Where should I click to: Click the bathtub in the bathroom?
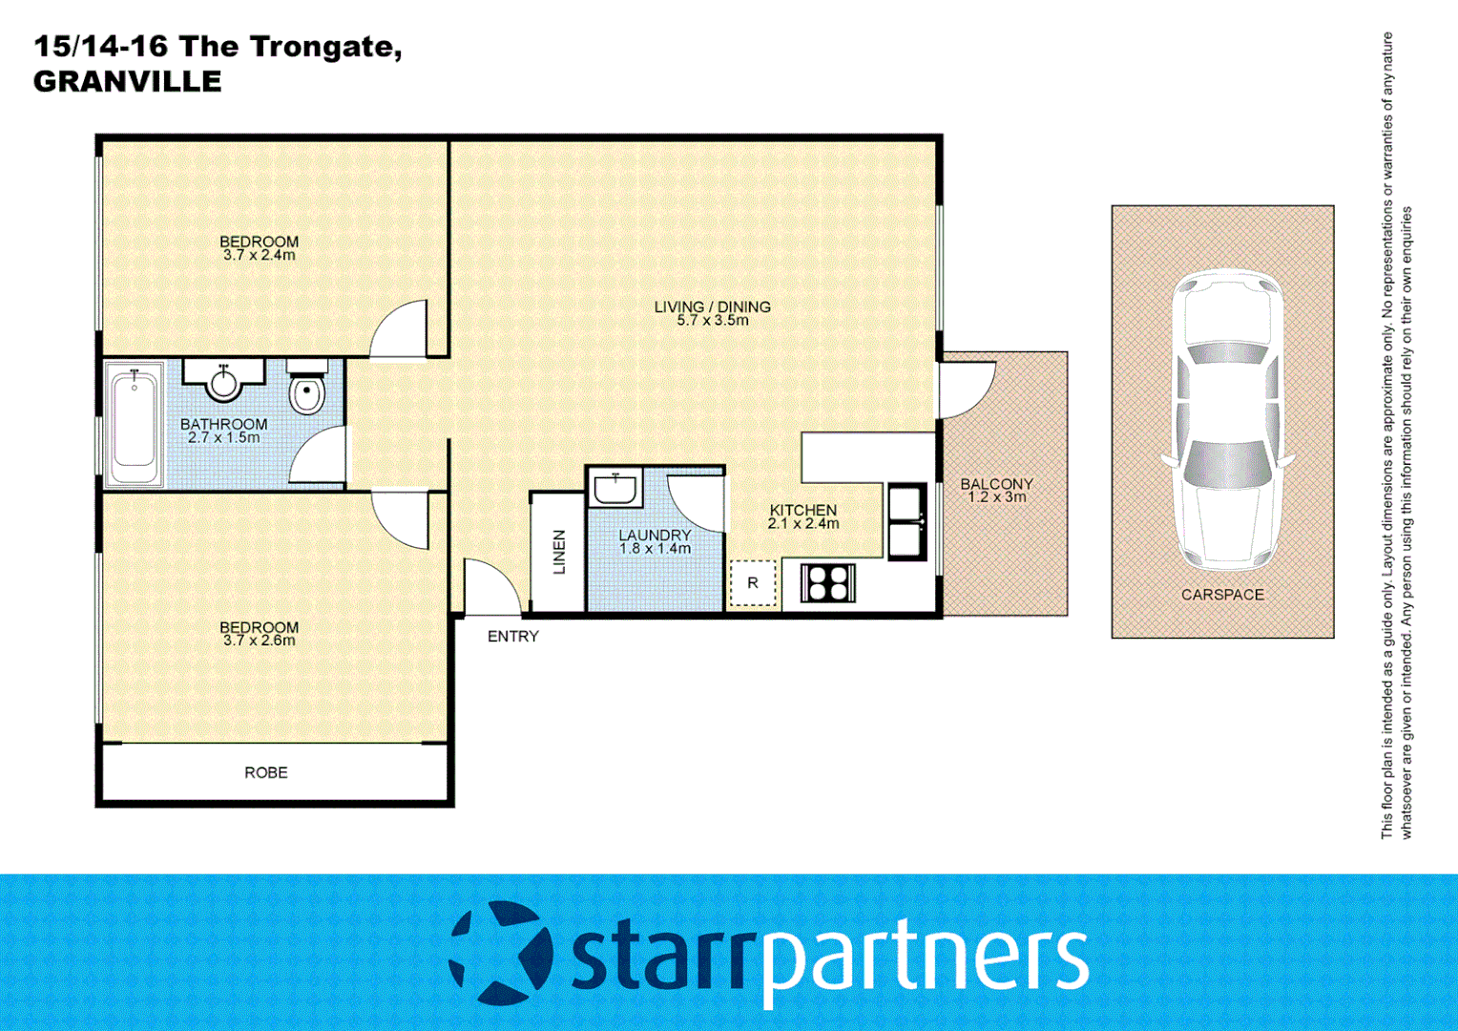(x=135, y=426)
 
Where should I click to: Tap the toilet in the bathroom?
(x=306, y=391)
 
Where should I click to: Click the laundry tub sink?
(x=615, y=489)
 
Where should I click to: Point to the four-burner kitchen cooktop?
(x=827, y=582)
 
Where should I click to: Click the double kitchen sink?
(x=906, y=522)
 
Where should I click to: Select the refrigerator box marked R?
(x=753, y=583)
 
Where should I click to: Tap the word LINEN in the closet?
(x=560, y=552)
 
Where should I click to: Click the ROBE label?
(x=265, y=772)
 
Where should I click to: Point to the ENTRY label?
(x=513, y=637)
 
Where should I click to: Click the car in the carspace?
(x=1225, y=420)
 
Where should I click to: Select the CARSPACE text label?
(x=1222, y=595)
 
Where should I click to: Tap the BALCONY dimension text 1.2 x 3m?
(x=997, y=497)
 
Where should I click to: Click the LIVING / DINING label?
(x=713, y=306)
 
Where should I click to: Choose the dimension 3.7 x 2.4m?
(x=260, y=256)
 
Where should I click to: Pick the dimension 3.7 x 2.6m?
(x=260, y=641)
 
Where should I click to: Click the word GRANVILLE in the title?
(x=127, y=82)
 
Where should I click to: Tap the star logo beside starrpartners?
(x=501, y=953)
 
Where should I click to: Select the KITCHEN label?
(x=803, y=511)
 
